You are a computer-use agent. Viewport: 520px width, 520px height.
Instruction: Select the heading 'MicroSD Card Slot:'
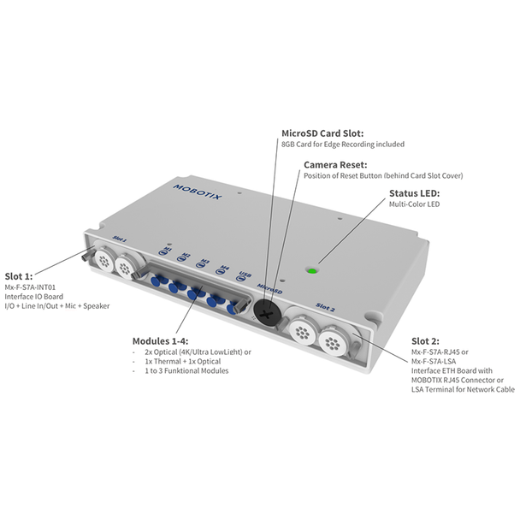coord(322,133)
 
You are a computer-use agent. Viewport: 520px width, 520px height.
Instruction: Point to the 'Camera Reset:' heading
coord(335,163)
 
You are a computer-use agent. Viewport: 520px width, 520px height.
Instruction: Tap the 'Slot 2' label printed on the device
coord(324,305)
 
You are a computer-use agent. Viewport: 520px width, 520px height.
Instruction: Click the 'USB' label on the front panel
coord(243,275)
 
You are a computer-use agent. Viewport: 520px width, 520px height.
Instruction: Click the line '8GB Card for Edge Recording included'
coord(343,145)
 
